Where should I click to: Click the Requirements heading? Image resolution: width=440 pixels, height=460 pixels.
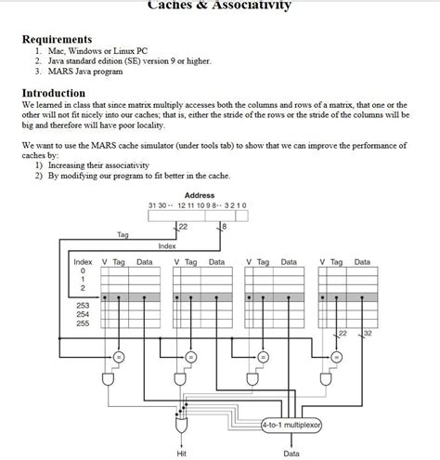point(57,39)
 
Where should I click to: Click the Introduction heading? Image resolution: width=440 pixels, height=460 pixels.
point(54,93)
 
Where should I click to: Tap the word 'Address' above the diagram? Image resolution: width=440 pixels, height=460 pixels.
point(200,195)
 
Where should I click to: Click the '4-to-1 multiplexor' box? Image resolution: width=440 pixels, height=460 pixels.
point(291,426)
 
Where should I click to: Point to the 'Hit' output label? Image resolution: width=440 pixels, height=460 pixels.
point(181,453)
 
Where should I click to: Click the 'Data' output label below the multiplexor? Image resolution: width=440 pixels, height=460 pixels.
point(291,453)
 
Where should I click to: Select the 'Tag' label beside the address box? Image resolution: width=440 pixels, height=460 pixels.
point(123,234)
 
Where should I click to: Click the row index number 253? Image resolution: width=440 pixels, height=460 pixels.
point(84,305)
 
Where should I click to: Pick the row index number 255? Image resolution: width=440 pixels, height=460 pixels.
point(84,323)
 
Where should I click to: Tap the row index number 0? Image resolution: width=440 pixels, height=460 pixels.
point(83,270)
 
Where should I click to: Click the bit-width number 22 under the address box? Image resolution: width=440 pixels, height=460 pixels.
point(183,226)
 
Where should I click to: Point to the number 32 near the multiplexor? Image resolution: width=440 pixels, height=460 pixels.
point(368,333)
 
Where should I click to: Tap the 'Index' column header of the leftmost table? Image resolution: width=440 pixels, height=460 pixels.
point(83,262)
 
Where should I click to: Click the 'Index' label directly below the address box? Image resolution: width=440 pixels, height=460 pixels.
point(167,246)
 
